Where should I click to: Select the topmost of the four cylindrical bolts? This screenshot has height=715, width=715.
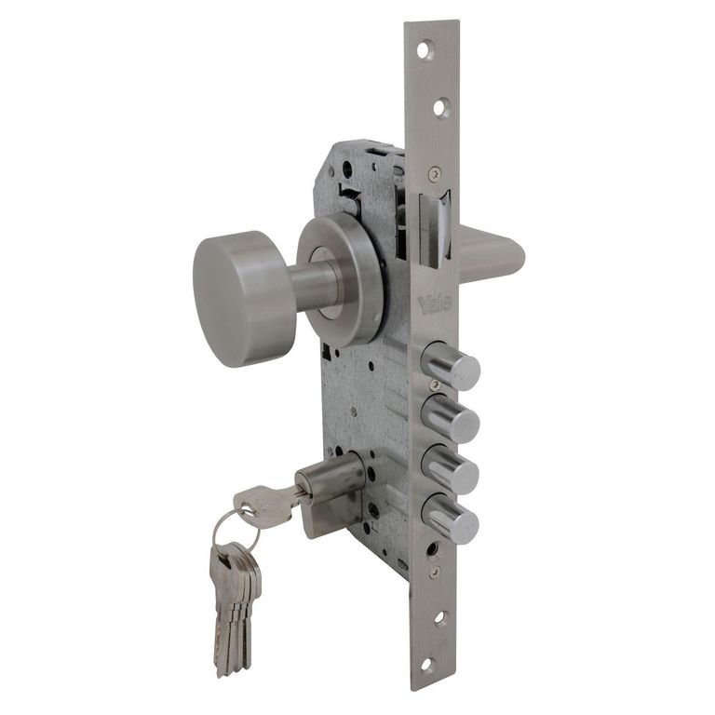click(451, 365)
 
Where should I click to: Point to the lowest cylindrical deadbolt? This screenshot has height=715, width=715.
click(451, 519)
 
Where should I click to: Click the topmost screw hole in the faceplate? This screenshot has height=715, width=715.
click(425, 49)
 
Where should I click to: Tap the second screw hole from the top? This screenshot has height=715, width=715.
click(439, 108)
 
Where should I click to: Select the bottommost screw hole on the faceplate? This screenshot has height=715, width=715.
click(425, 665)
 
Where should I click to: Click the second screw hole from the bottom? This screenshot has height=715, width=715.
click(439, 618)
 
